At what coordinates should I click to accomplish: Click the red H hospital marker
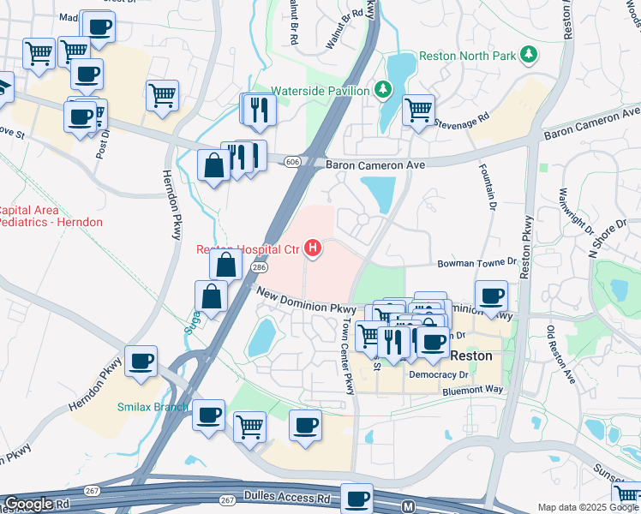[314, 249]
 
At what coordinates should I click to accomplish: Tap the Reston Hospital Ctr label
[249, 250]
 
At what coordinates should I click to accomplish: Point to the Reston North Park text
[468, 56]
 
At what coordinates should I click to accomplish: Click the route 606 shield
[293, 161]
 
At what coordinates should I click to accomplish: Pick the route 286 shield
[258, 268]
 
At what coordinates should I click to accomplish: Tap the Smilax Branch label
[153, 407]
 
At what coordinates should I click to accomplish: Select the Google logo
[28, 504]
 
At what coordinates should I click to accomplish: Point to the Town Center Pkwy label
[348, 357]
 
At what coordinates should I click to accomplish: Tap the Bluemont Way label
[471, 391]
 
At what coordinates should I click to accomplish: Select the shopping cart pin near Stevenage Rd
[417, 109]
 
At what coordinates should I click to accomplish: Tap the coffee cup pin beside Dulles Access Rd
[356, 497]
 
